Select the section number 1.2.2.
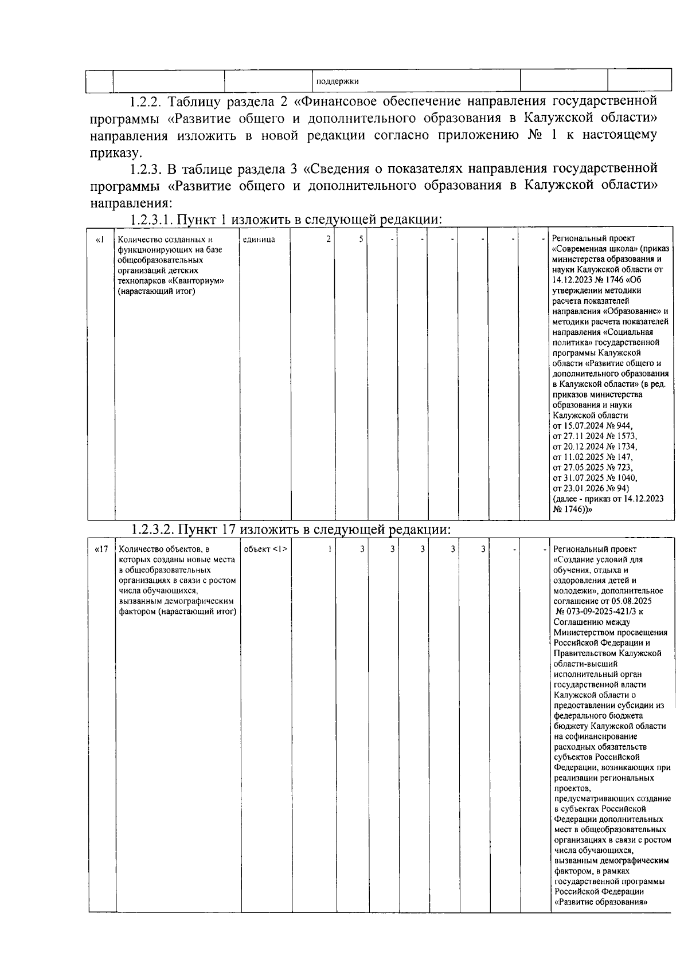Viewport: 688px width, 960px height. pyautogui.click(x=146, y=102)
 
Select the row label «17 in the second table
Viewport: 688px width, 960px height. pyautogui.click(x=101, y=549)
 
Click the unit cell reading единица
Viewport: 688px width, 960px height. pyautogui.click(x=259, y=239)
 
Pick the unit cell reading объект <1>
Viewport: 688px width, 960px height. pyautogui.click(x=265, y=549)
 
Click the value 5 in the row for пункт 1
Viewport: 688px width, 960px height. pyautogui.click(x=361, y=239)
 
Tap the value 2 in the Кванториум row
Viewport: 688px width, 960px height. pyautogui.click(x=328, y=239)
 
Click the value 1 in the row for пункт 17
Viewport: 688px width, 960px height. pyautogui.click(x=330, y=549)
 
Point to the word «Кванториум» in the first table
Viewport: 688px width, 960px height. pyautogui.click(x=194, y=281)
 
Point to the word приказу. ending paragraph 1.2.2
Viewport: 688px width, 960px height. pyautogui.click(x=114, y=154)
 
